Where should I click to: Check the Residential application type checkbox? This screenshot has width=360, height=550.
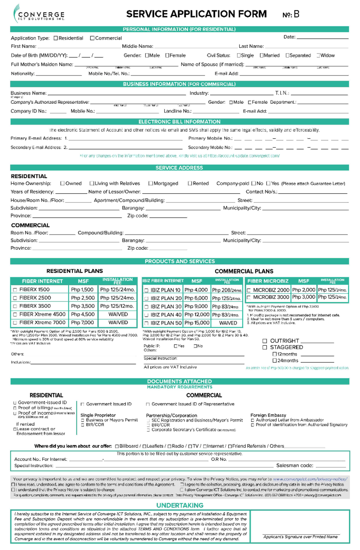point(55,38)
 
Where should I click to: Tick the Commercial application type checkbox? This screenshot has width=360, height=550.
point(92,38)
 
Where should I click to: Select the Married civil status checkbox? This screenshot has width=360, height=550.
point(262,55)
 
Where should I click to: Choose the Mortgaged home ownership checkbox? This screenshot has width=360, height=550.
point(151,183)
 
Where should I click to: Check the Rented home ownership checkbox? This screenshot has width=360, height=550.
point(190,183)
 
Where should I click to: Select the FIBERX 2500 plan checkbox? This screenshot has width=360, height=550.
point(15,298)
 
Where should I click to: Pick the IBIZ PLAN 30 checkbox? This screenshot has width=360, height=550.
point(146,307)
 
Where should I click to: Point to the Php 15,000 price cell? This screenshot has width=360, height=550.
point(197,323)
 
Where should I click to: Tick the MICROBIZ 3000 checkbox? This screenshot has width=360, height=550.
point(248,298)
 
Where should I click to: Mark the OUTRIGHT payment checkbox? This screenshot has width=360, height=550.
point(265,341)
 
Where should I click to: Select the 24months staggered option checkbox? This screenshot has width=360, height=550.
point(274,361)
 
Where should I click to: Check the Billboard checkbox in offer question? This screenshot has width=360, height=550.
point(117,446)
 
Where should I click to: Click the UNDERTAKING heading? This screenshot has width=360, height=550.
point(180,505)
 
